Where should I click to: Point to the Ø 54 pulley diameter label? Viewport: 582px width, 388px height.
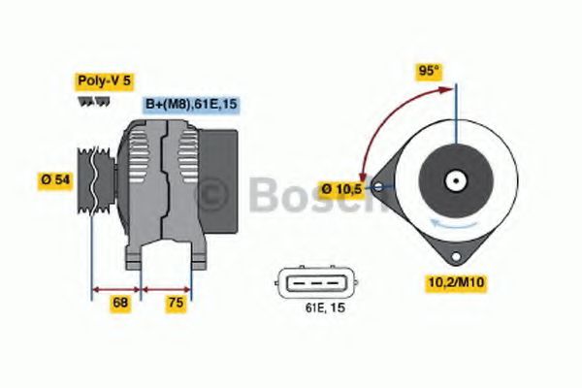point(54,179)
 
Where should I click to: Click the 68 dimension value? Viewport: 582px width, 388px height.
point(120,303)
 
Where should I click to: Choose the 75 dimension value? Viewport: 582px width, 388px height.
point(175,303)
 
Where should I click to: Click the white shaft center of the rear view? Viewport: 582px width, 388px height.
point(455,180)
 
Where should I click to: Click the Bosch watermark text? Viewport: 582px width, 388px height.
point(291,194)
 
